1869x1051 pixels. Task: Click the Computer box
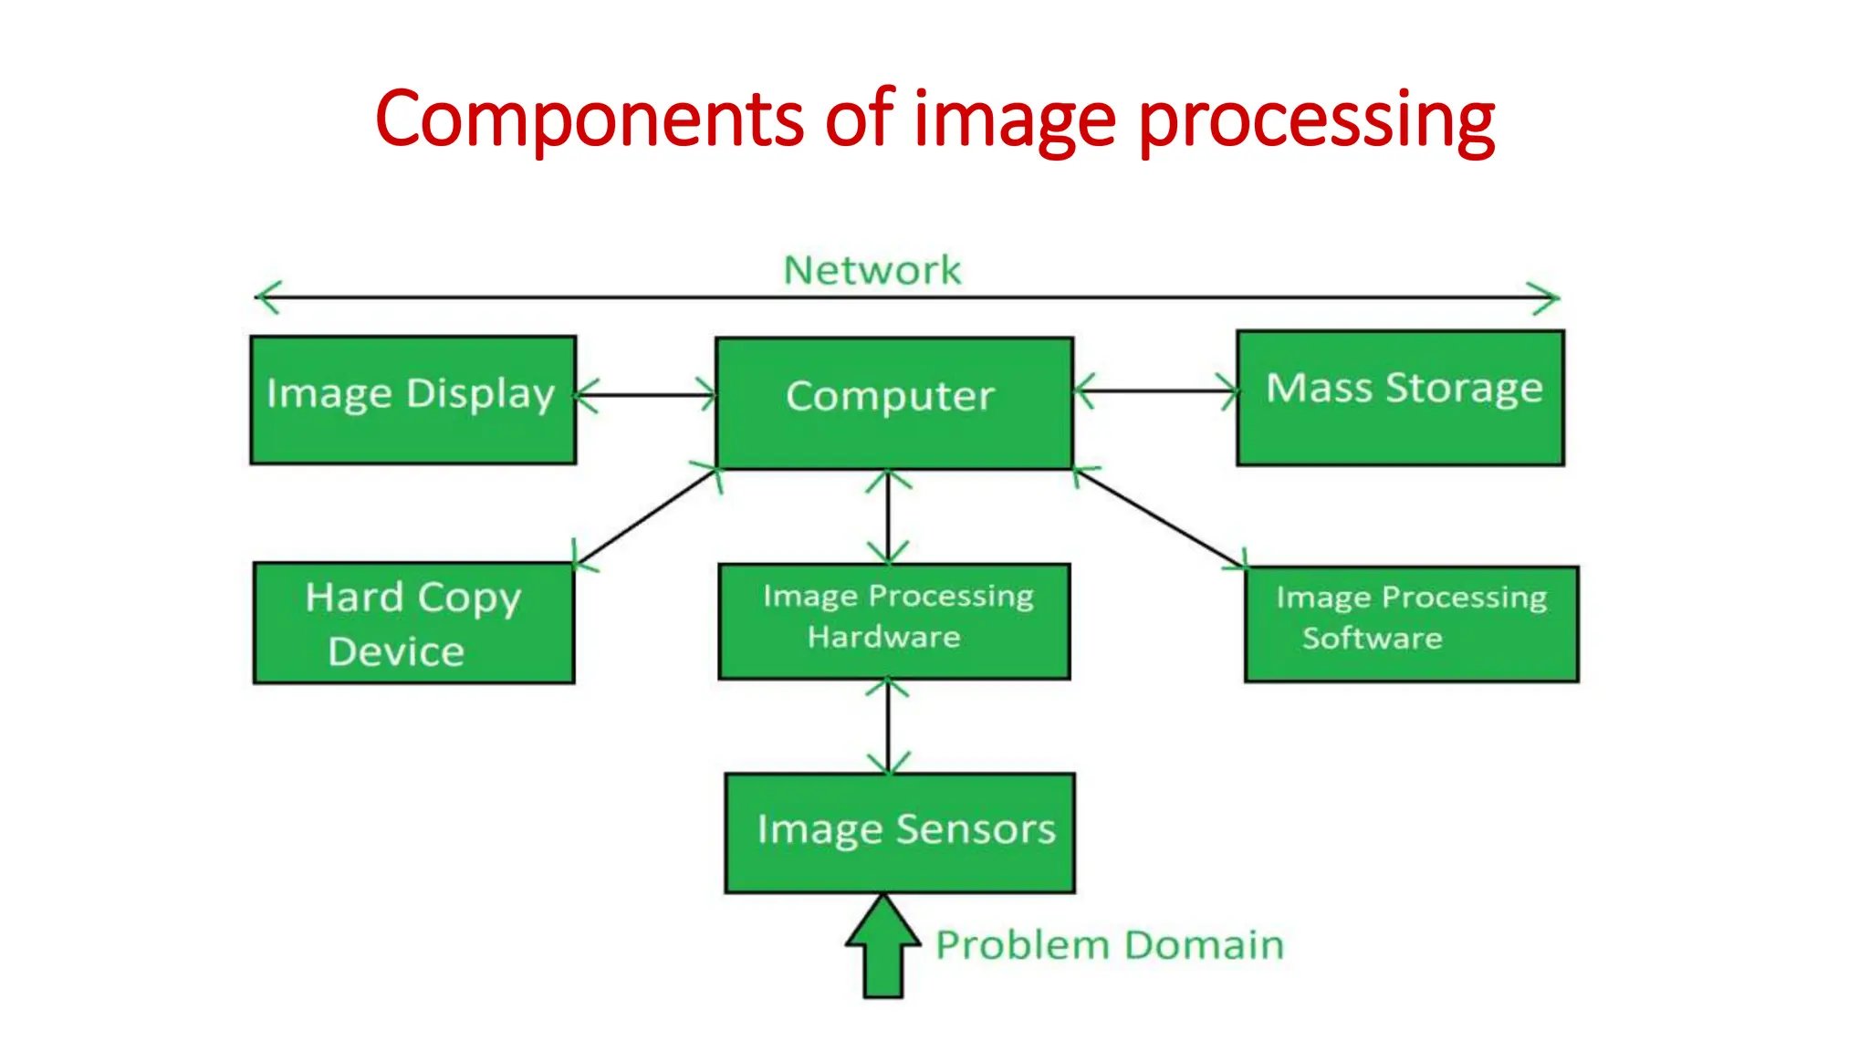[x=893, y=402]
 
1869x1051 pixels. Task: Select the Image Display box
[x=412, y=400]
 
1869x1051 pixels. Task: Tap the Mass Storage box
[x=1400, y=398]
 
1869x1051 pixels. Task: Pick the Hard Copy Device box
[x=413, y=622]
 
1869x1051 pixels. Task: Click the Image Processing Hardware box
[x=893, y=620]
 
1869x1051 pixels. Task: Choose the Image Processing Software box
[x=1411, y=623]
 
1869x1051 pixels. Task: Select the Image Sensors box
[x=900, y=832]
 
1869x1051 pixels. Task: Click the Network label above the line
[x=872, y=270]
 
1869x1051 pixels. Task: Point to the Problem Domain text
[x=1109, y=945]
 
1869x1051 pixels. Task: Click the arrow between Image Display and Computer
[x=646, y=395]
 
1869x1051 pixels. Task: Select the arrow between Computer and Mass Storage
[x=1155, y=391]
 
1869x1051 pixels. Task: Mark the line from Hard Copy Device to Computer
[x=646, y=517]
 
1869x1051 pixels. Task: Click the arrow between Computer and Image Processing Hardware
[x=888, y=516]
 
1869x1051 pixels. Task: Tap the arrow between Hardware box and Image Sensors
[x=888, y=726]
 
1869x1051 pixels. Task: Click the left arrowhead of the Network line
[x=266, y=297]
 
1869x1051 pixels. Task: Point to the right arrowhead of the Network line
[x=1546, y=297]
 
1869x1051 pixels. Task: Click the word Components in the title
[x=589, y=120]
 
